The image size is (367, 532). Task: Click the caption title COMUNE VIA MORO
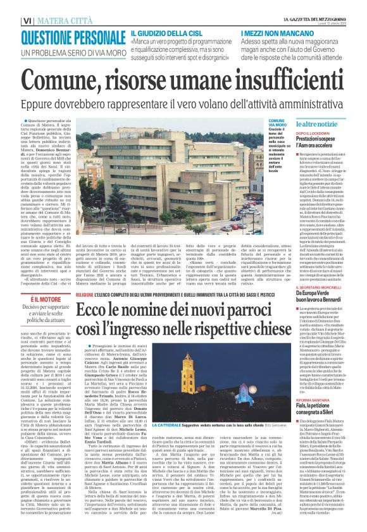[277, 123]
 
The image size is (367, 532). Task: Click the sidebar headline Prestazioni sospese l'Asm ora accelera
[320, 144]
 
